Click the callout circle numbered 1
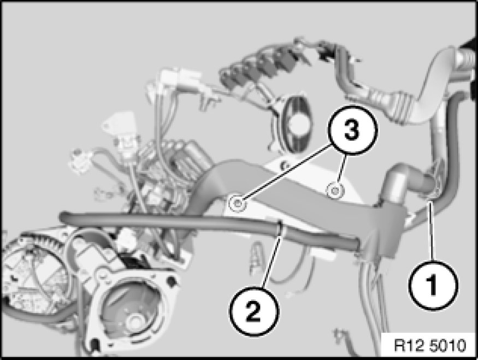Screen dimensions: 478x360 (433, 285)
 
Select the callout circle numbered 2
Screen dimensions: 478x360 (254, 311)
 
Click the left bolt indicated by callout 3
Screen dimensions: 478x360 (238, 203)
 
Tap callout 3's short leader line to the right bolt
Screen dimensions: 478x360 (341, 170)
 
